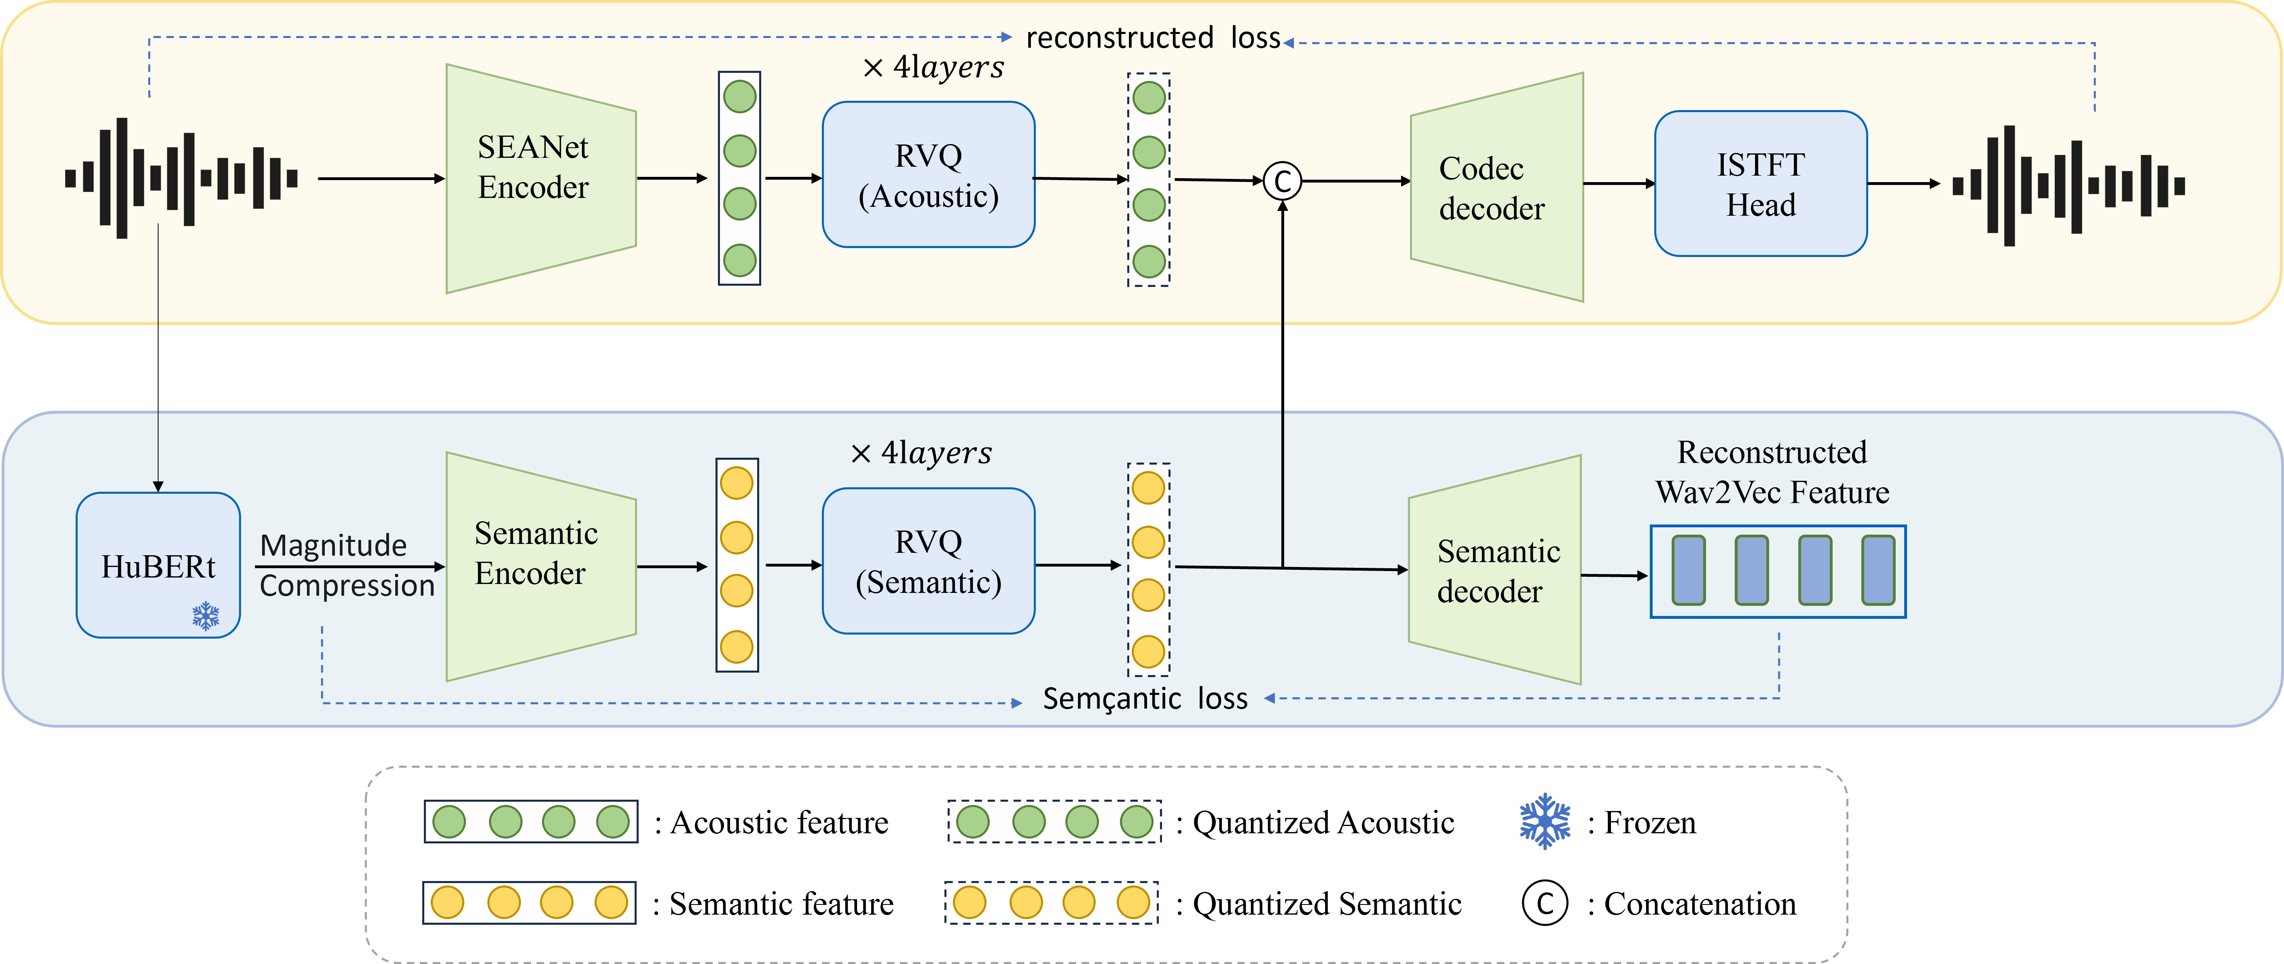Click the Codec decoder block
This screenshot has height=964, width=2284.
(1497, 187)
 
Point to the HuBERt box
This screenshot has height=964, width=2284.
(158, 565)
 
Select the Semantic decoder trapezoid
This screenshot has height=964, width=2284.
(1495, 570)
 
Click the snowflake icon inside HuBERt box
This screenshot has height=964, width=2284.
(206, 616)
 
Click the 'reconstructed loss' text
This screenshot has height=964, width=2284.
(1153, 38)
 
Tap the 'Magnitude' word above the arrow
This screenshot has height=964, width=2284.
(333, 544)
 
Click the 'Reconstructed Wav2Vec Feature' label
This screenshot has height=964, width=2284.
(1772, 472)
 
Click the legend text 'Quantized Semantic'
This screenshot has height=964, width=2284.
(1326, 904)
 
